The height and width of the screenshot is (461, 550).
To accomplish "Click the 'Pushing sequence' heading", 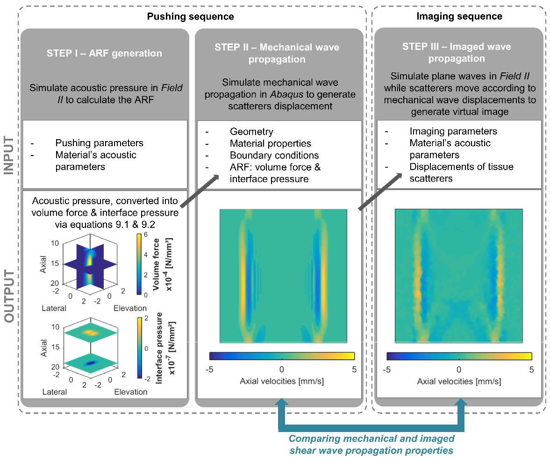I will (191, 17).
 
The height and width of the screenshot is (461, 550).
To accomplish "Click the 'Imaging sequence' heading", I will (459, 16).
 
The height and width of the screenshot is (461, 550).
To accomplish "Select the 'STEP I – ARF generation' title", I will (104, 53).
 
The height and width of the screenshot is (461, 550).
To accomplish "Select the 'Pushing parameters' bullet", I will (99, 143).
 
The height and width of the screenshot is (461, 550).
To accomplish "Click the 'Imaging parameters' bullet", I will (453, 131).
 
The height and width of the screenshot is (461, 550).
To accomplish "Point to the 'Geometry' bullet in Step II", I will (251, 132).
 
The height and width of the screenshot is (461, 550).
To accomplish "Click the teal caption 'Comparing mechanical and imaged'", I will (371, 439).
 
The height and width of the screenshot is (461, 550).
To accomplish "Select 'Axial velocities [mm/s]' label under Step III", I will (459, 381).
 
